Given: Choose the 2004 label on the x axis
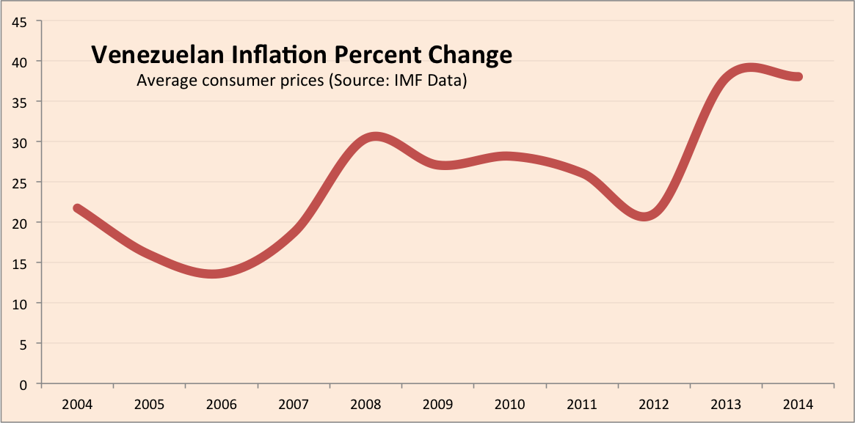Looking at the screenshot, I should pos(77,404).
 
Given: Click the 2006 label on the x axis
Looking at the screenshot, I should pos(221,404).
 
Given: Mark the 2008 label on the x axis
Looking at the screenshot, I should pos(365,404).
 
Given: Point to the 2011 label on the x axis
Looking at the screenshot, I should pos(582,404).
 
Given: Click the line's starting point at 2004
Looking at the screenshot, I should pos(77,208).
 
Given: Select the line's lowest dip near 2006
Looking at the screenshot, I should pos(213,274).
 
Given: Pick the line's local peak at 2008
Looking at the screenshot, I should pos(374,137).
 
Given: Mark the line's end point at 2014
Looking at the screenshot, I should pos(798,77).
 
